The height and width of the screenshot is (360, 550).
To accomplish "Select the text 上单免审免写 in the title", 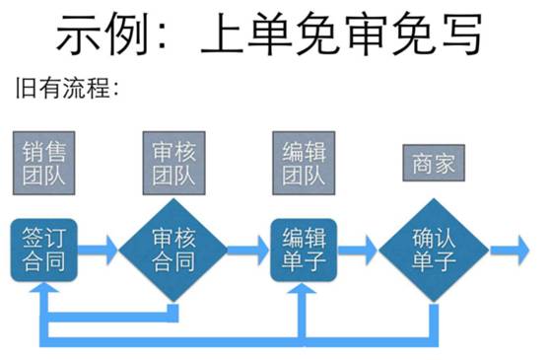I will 340,36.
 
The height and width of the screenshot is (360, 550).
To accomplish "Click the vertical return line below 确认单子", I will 434,318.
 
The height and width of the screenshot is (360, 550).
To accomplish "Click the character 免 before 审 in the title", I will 293,36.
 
